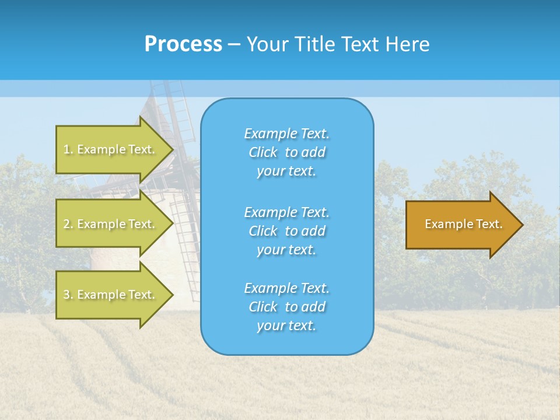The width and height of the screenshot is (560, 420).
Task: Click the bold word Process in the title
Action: (x=183, y=44)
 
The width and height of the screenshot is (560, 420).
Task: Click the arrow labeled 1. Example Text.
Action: (x=111, y=149)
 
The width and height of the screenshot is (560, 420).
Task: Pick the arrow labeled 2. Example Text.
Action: (x=111, y=224)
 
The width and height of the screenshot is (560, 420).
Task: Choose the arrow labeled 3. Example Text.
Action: (x=111, y=295)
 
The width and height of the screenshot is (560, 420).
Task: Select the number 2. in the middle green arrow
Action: (x=68, y=224)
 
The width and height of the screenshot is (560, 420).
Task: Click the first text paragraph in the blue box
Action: (x=286, y=152)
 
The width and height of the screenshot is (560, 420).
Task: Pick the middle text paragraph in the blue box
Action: (x=286, y=231)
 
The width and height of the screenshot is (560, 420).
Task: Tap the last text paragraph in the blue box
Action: (x=286, y=307)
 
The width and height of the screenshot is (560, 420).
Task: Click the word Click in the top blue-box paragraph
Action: (x=262, y=152)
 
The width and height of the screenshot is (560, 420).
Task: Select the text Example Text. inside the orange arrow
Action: (x=463, y=224)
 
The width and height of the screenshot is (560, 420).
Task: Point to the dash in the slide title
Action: (x=234, y=45)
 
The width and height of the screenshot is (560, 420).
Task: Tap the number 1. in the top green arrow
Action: (x=68, y=149)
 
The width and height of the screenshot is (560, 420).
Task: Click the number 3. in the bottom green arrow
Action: (x=68, y=295)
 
